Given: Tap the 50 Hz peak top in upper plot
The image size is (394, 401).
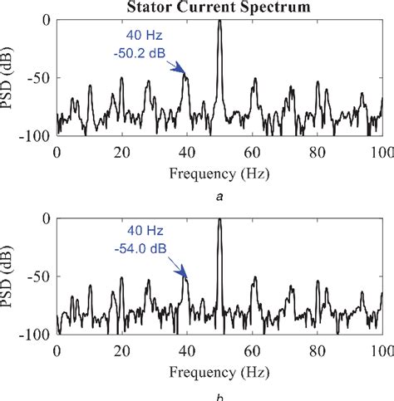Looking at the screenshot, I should click(x=219, y=21).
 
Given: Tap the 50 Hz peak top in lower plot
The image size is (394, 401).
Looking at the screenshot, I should click(x=219, y=220).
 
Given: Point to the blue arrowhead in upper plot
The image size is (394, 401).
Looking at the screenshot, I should click(x=182, y=73).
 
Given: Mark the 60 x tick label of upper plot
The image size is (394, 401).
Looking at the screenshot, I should click(x=252, y=152).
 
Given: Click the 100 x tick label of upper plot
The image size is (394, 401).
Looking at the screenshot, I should click(x=382, y=152).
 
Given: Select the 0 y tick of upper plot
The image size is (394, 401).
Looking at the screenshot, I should click(x=46, y=20).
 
